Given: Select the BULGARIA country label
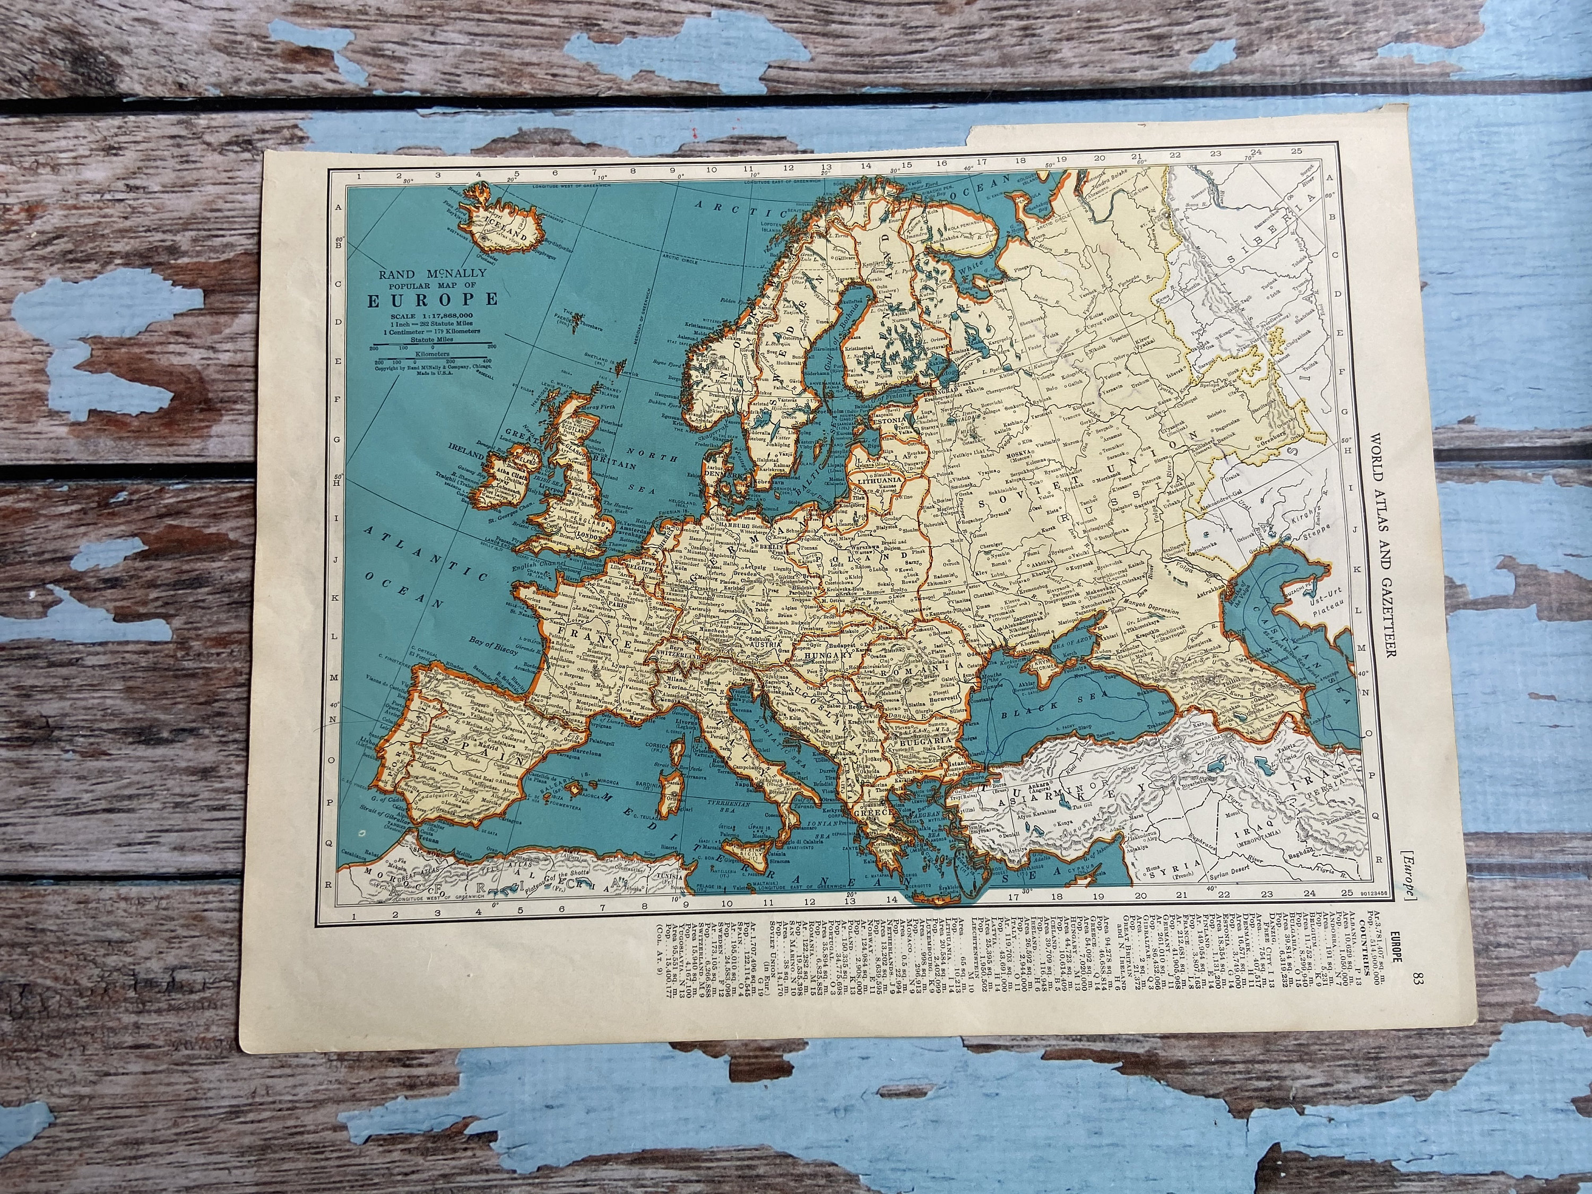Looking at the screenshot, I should (x=919, y=740).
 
